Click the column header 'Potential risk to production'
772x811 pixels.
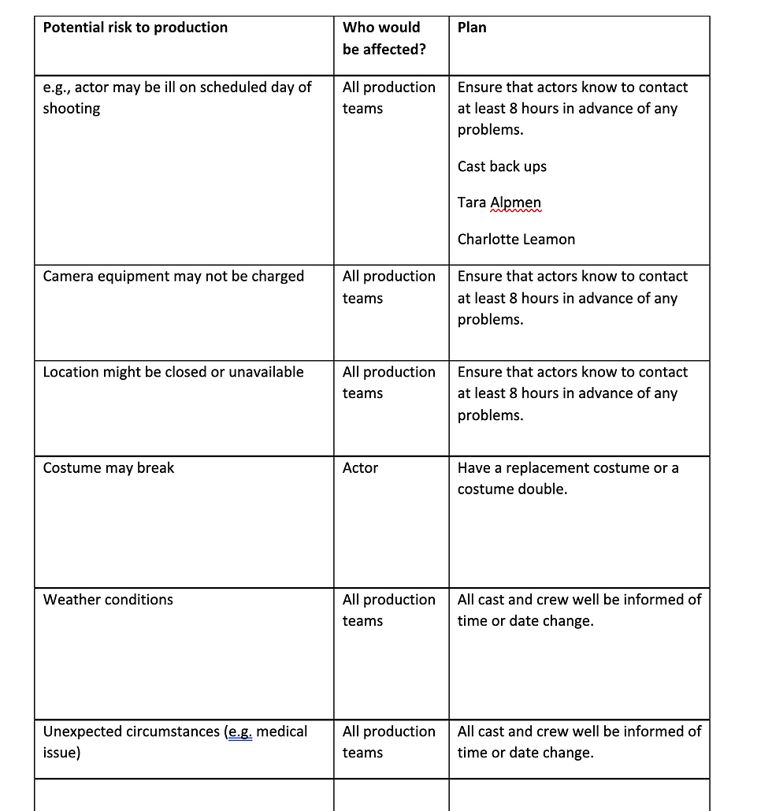point(135,28)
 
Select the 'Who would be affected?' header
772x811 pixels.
point(381,38)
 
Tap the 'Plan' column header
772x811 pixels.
point(472,28)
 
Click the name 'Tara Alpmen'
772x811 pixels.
point(499,203)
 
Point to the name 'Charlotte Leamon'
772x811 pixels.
point(516,239)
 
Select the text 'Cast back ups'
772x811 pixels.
point(502,166)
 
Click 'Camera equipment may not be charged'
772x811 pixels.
point(173,277)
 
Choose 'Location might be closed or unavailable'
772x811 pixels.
point(173,372)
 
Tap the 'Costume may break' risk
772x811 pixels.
point(109,468)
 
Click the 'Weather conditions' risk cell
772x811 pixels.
point(108,600)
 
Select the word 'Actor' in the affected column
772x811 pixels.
point(360,468)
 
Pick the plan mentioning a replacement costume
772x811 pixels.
point(567,478)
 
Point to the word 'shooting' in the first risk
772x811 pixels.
point(72,109)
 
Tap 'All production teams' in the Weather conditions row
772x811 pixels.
point(388,610)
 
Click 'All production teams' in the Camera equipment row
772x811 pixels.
point(388,287)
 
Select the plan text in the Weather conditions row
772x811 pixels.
point(578,610)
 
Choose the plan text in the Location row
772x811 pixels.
point(572,393)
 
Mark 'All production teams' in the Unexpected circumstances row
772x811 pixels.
point(388,742)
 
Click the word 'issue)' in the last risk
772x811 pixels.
point(61,753)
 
